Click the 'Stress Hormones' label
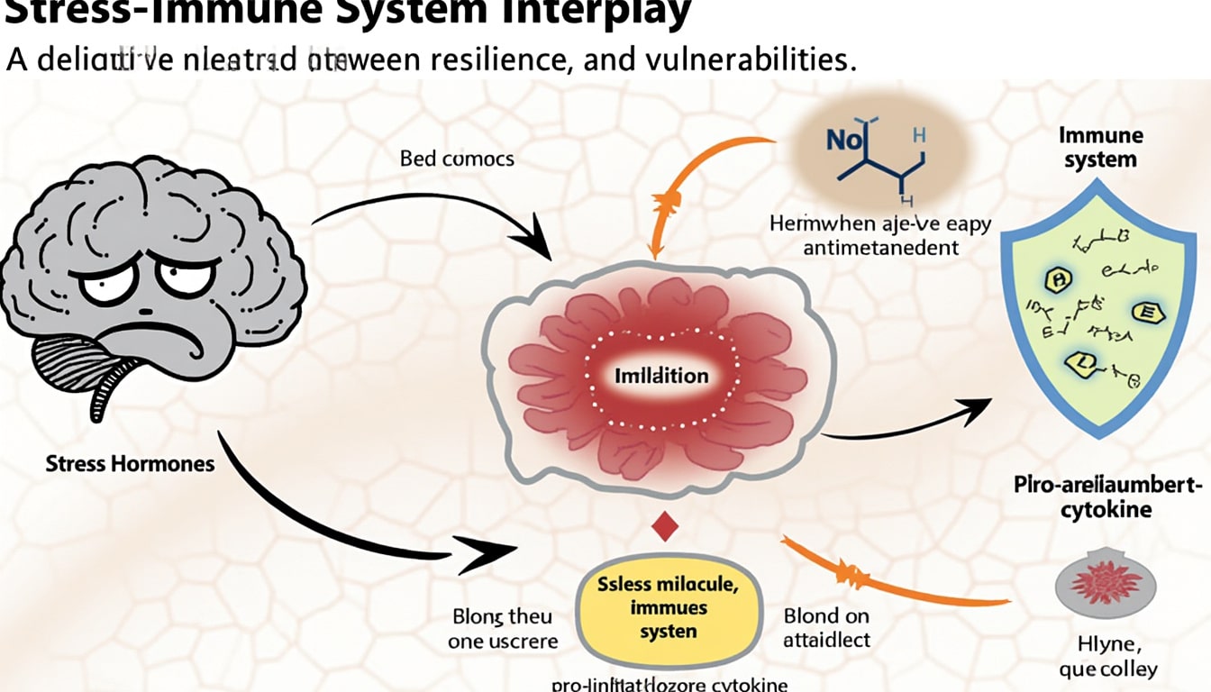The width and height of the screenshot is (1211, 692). click(131, 464)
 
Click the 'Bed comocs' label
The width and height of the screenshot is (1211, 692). click(457, 159)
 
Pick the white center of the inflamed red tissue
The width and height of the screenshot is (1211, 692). click(661, 375)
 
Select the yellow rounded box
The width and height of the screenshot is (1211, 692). click(668, 608)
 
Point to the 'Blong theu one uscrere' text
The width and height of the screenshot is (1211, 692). click(503, 629)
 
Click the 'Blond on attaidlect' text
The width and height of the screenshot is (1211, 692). click(825, 629)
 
